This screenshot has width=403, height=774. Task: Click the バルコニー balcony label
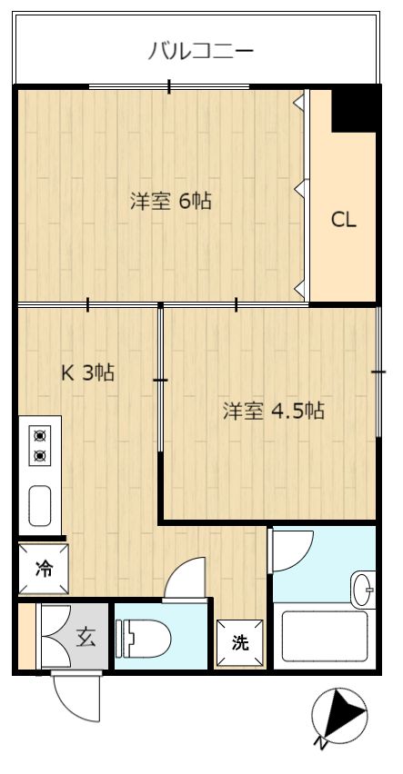[201, 51]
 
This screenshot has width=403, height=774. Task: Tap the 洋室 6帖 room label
[171, 201]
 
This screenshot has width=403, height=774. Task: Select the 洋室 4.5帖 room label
[274, 411]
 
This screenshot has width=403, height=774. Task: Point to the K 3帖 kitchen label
[87, 372]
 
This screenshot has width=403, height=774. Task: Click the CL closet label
[343, 220]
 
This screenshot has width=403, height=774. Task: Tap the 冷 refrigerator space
[44, 569]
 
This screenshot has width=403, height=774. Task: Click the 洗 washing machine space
[240, 643]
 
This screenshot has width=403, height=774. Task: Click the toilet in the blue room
[144, 639]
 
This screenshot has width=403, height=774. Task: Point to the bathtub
[325, 636]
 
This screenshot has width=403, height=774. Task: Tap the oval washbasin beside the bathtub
[364, 589]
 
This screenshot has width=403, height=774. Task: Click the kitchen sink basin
[39, 505]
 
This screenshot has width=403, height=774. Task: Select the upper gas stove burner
[39, 435]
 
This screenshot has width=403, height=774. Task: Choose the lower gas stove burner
[39, 455]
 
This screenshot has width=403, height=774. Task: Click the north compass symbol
[339, 714]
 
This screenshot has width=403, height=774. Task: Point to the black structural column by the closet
[354, 110]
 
